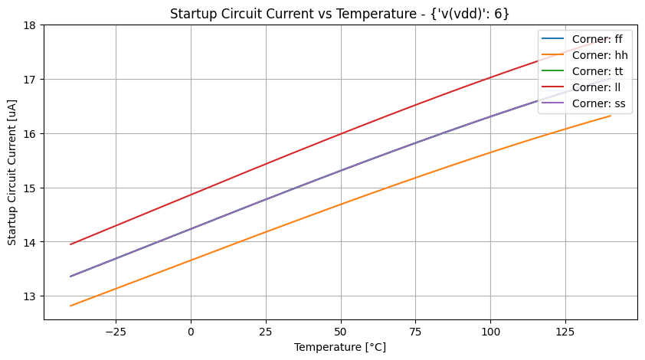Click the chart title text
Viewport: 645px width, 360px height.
click(339, 13)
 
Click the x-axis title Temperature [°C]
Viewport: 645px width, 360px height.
click(339, 347)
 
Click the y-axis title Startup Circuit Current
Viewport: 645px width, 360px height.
click(12, 172)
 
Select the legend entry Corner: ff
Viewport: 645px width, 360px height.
click(597, 40)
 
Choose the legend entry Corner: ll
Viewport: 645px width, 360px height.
click(596, 87)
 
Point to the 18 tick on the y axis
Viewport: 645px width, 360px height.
click(31, 25)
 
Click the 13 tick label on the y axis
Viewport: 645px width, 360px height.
click(31, 296)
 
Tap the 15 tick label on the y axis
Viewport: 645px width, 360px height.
click(31, 188)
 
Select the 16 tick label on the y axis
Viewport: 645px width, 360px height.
click(31, 133)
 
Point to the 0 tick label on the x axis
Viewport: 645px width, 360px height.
click(191, 331)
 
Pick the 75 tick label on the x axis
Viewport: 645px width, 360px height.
click(340, 331)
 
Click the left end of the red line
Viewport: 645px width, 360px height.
click(70, 244)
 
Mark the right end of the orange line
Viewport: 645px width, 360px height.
click(611, 116)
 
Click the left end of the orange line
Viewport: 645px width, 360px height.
click(70, 306)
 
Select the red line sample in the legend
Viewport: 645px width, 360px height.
click(555, 87)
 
